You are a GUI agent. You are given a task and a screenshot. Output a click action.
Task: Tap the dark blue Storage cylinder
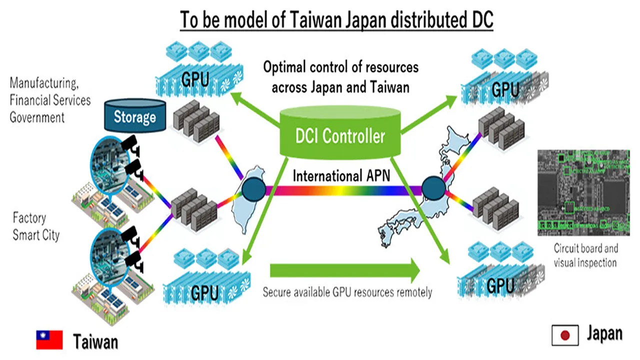(134, 117)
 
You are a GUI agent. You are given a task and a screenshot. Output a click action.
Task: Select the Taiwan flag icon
(49, 340)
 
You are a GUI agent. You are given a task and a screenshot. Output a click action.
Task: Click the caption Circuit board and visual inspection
(585, 255)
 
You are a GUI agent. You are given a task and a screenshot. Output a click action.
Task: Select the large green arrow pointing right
(345, 270)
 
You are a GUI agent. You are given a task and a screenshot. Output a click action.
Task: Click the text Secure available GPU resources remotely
(347, 292)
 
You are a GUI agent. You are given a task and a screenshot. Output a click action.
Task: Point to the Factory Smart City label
(36, 226)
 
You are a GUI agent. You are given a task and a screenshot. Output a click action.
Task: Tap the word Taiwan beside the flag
(95, 341)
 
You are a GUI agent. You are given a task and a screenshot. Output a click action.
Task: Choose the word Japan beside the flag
(604, 333)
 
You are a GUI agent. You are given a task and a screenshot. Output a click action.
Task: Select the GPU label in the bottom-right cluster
(500, 286)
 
